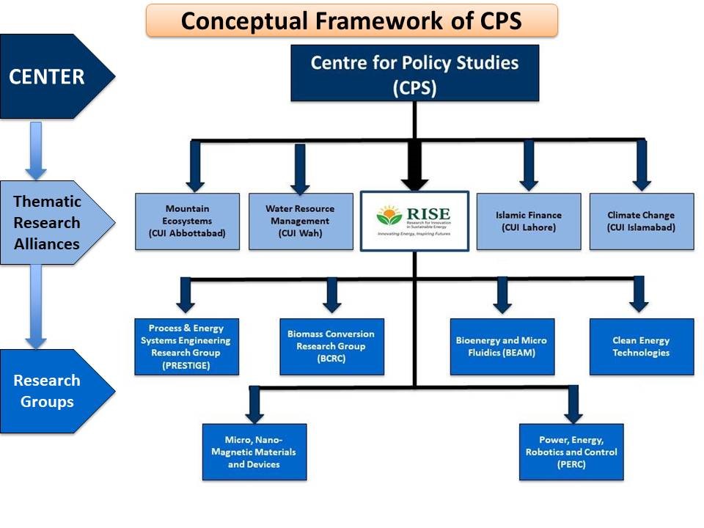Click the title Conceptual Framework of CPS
351,21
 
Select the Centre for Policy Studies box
414,73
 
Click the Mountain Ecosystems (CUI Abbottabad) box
188,221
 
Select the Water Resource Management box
300,221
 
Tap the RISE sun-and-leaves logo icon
389,216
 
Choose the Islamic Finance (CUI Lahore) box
528,221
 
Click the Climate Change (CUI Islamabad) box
641,221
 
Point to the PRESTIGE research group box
186,346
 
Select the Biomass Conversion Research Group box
331,346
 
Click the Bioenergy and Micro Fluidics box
501,346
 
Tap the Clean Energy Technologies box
641,346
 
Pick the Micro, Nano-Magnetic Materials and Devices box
254,452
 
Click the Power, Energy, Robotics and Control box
571,452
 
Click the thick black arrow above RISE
414,165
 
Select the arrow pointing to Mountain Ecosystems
194,166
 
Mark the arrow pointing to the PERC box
573,403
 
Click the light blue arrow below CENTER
35,150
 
